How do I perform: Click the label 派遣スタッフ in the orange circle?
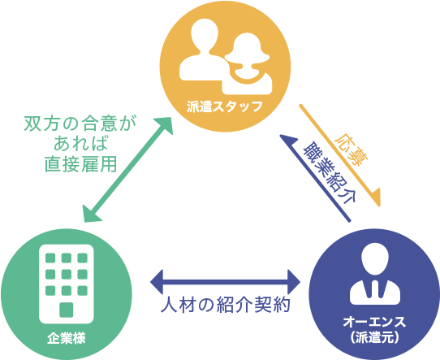tap(225, 106)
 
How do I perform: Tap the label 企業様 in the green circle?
tap(67, 338)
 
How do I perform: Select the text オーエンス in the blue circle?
tap(374, 322)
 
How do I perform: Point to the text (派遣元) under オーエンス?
tap(374, 337)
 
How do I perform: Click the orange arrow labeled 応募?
tap(340, 155)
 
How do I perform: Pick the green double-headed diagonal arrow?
tap(127, 170)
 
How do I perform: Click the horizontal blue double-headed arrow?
tap(226, 282)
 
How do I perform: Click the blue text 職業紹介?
tap(330, 172)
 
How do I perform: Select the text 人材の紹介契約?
tap(226, 305)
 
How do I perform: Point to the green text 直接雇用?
tap(81, 163)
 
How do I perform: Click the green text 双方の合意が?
tap(80, 124)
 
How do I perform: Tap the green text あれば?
tap(80, 144)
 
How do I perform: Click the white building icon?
tap(67, 284)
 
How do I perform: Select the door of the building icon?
tap(67, 310)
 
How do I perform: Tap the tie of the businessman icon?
tap(375, 288)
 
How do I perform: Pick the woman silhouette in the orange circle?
tap(247, 63)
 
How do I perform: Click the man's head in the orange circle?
tap(204, 35)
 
